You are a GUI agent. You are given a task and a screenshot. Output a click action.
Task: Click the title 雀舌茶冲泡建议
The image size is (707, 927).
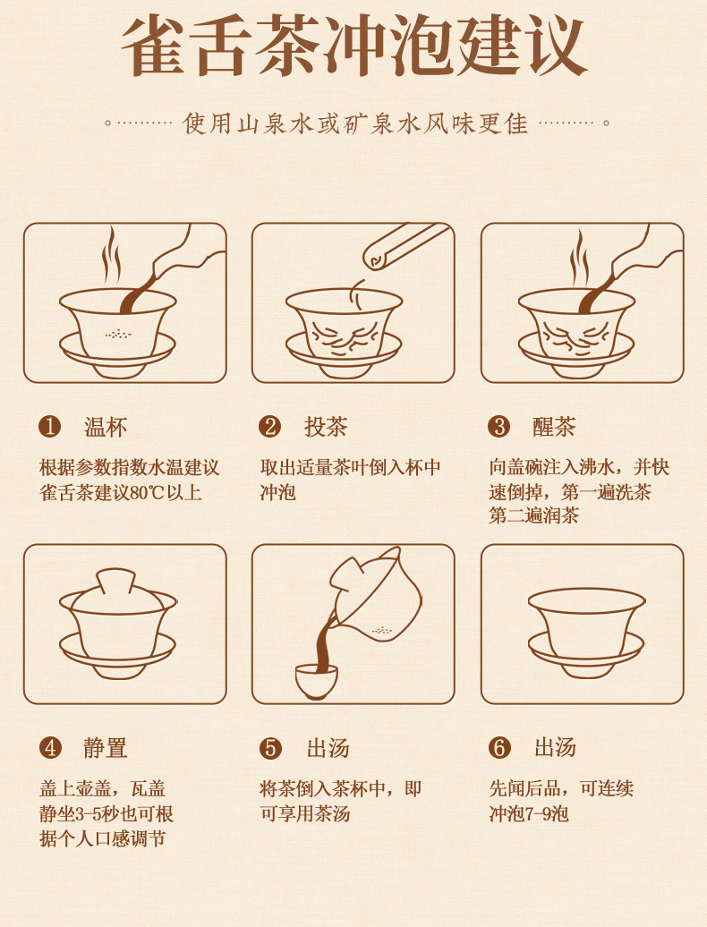[354, 47]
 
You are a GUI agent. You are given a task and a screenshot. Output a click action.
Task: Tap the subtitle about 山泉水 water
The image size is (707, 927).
[354, 123]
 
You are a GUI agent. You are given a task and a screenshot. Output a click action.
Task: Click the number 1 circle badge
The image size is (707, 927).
[49, 426]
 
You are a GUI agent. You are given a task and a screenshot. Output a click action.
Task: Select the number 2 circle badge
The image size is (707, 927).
[269, 426]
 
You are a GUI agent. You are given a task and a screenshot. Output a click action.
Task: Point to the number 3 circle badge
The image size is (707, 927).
[498, 426]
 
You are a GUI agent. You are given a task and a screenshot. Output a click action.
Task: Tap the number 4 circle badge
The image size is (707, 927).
[50, 748]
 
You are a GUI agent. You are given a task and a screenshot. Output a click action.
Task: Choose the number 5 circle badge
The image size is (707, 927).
[270, 748]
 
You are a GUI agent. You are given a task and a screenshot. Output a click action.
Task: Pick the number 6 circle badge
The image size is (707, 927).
[499, 748]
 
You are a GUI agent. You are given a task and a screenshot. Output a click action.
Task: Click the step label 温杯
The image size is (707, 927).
[106, 427]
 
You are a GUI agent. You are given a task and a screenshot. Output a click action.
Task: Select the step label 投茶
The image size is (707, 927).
[326, 427]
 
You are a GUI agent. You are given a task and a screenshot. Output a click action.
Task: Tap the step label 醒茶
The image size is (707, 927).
[554, 427]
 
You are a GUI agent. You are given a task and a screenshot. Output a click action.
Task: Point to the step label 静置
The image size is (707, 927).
[106, 748]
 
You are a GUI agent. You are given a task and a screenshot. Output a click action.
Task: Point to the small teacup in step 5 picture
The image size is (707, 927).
[316, 681]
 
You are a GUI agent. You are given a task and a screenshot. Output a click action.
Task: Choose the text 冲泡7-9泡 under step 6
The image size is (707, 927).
[529, 814]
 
